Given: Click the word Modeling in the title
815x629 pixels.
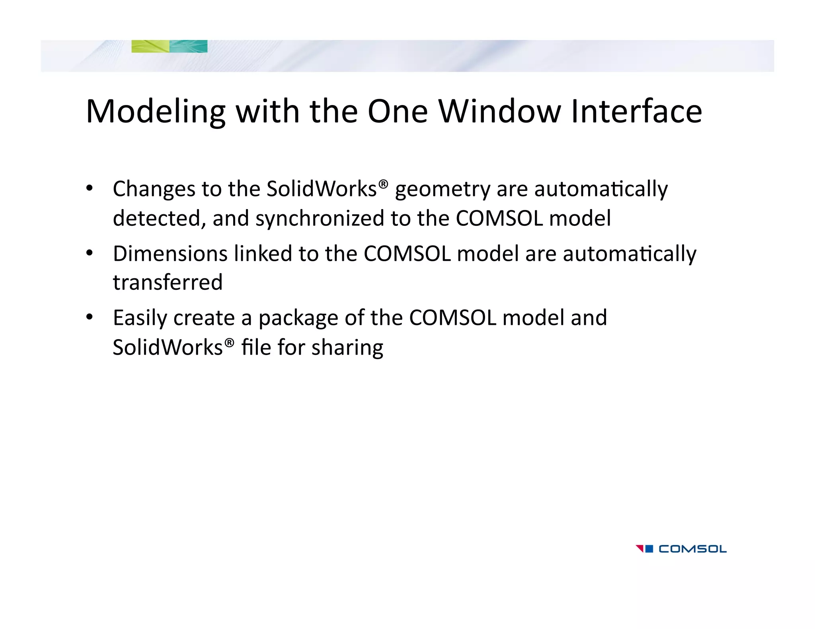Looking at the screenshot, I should click(155, 112).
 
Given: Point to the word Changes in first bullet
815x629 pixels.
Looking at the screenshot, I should click(154, 189).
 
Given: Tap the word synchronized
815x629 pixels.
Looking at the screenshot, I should click(320, 218).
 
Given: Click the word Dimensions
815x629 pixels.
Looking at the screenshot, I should click(170, 254).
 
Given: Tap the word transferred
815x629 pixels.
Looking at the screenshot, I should click(168, 282).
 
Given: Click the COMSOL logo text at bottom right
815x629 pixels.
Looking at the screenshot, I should click(692, 549).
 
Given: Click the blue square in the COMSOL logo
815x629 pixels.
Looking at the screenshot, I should click(649, 549).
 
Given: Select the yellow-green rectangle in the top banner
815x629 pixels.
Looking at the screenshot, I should click(150, 46).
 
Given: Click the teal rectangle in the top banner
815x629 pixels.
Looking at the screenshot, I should click(188, 46).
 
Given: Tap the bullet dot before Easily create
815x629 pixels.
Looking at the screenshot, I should click(90, 317).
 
